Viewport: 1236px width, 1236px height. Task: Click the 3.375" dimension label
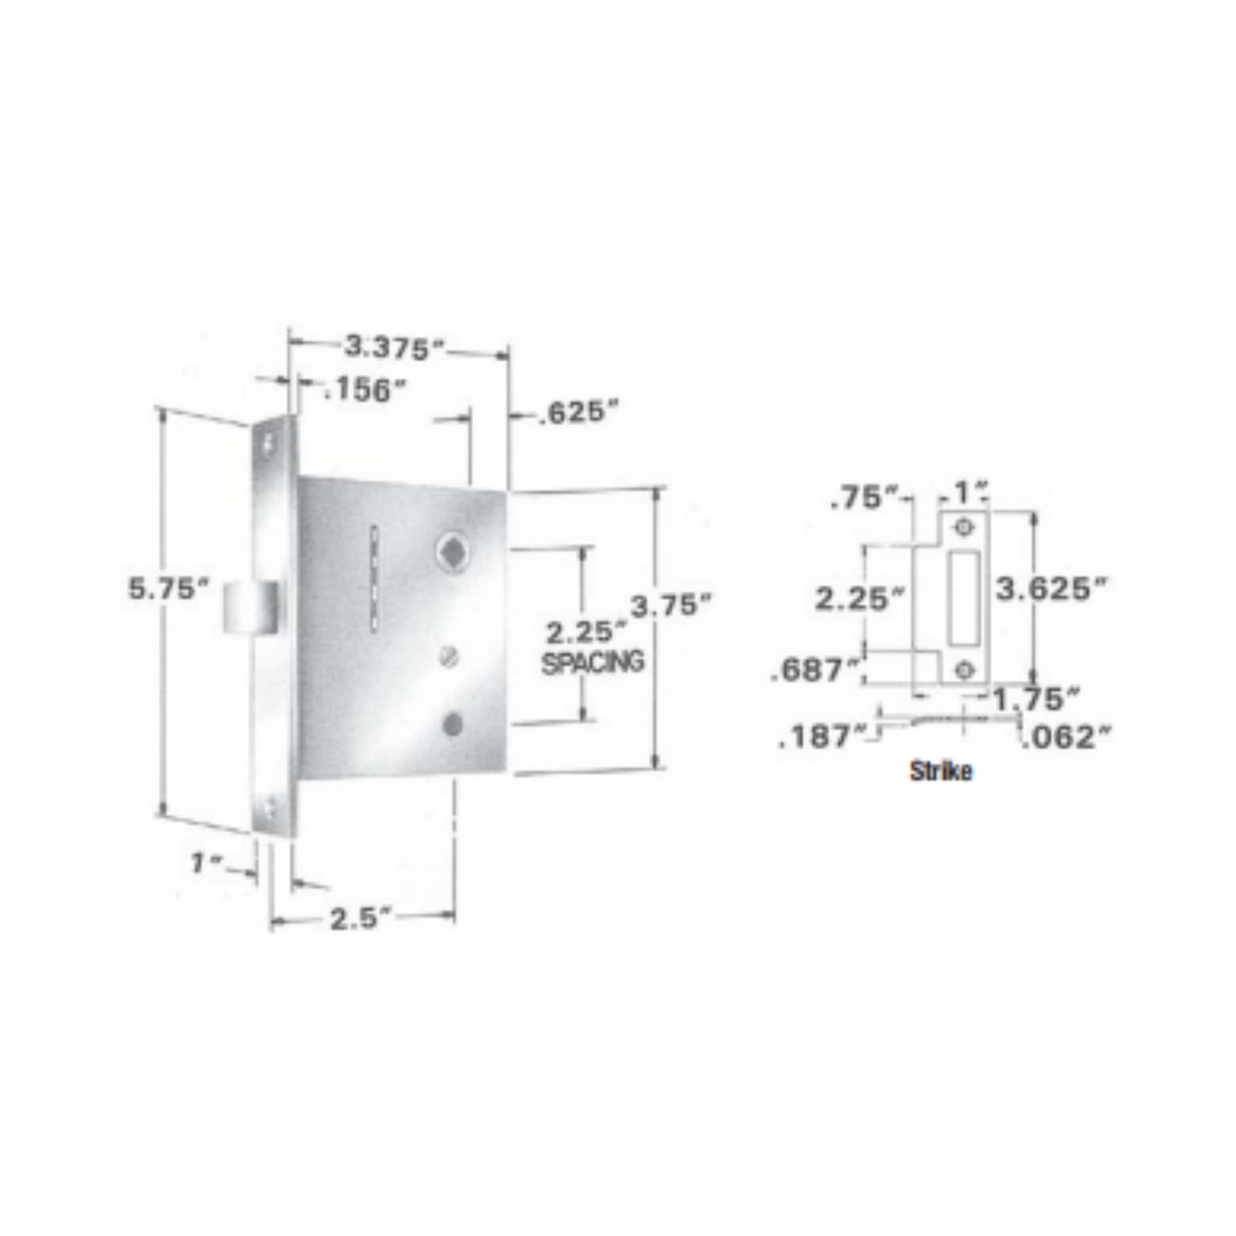(394, 347)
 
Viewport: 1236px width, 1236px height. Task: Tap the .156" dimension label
(364, 390)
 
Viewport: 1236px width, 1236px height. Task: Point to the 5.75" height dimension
(169, 588)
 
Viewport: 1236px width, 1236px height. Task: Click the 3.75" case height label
(671, 606)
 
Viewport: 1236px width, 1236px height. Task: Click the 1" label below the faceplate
(206, 863)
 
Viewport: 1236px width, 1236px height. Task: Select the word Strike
(941, 771)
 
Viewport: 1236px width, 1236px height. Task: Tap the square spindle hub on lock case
(451, 550)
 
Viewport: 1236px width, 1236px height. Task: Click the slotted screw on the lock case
(450, 656)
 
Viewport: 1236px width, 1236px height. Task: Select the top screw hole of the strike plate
(965, 527)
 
